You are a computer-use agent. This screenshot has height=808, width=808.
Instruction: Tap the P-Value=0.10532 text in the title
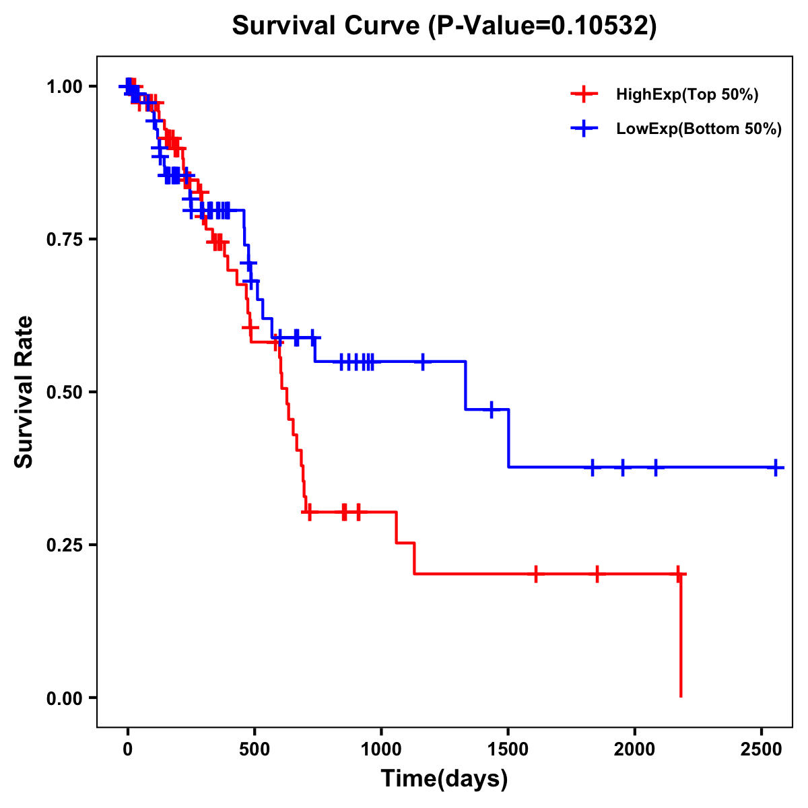click(x=544, y=26)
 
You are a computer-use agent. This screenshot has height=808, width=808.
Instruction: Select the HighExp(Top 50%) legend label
click(x=687, y=95)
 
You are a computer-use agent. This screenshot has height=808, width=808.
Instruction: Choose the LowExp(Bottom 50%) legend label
click(x=699, y=129)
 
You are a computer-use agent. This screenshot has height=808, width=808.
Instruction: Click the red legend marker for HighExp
click(x=584, y=95)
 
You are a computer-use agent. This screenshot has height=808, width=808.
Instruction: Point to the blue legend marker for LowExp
click(x=584, y=129)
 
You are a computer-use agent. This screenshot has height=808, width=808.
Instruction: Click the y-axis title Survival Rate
click(x=24, y=391)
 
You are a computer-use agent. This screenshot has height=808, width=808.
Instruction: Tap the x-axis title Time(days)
click(x=444, y=779)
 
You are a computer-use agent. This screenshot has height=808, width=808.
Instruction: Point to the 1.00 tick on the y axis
click(x=64, y=87)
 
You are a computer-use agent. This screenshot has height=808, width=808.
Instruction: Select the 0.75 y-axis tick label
click(x=64, y=240)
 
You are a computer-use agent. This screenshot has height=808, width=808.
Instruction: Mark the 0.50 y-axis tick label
click(x=64, y=393)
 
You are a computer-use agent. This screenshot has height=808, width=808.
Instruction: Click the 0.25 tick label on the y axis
click(x=64, y=545)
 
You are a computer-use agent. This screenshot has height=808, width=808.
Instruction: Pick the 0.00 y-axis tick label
click(x=64, y=698)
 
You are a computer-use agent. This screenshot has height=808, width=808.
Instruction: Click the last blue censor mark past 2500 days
click(x=776, y=467)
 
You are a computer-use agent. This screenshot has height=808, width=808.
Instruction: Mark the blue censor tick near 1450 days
click(x=492, y=409)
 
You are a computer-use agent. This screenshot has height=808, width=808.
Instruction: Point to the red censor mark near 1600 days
click(x=536, y=574)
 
